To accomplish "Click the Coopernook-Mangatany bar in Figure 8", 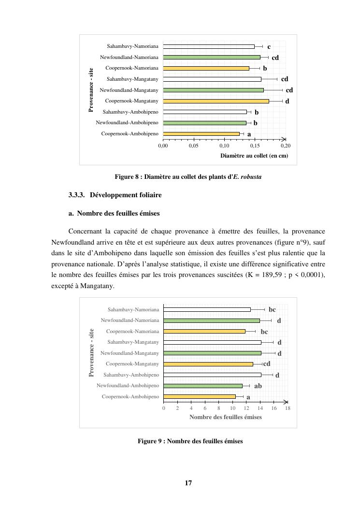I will (x=216, y=101).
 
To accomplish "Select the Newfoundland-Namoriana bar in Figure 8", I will (x=212, y=57).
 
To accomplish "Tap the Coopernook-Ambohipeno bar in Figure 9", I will (x=200, y=397).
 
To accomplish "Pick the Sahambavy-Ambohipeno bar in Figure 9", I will (x=212, y=375).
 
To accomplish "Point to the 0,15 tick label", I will (x=255, y=145).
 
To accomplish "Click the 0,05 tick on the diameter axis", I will (x=194, y=145).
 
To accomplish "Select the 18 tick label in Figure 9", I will (x=288, y=408).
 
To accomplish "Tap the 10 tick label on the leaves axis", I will (x=232, y=408).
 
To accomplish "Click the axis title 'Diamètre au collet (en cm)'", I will (x=254, y=156).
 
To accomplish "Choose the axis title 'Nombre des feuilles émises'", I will (x=226, y=417).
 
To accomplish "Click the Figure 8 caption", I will (x=188, y=177).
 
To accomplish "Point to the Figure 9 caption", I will (x=190, y=441).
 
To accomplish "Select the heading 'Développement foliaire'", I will (x=126, y=195).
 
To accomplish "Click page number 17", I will (x=188, y=483).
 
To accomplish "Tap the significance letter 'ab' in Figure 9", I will (x=258, y=386).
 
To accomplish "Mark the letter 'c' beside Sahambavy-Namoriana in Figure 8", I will (x=269, y=47).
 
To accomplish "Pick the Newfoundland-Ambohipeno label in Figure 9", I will (x=128, y=386).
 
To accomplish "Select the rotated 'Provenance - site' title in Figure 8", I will (x=91, y=90).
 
